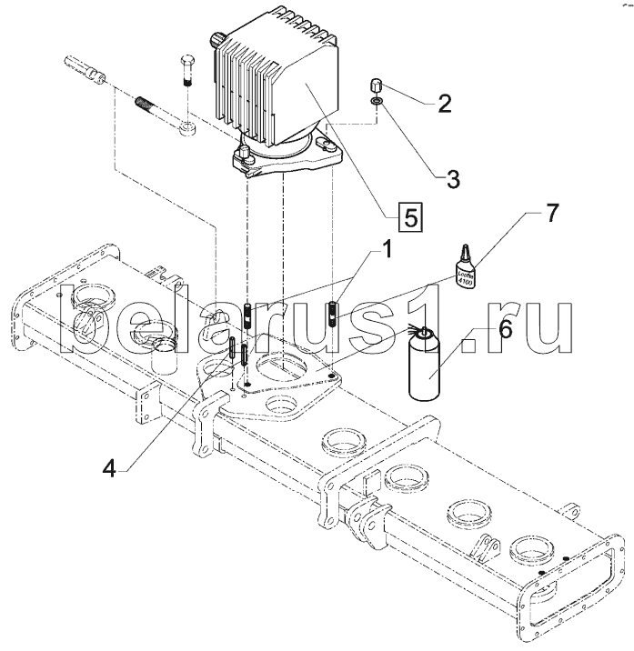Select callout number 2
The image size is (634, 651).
click(x=443, y=103)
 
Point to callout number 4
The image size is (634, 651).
click(x=109, y=468)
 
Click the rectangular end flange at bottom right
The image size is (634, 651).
click(x=583, y=586)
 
